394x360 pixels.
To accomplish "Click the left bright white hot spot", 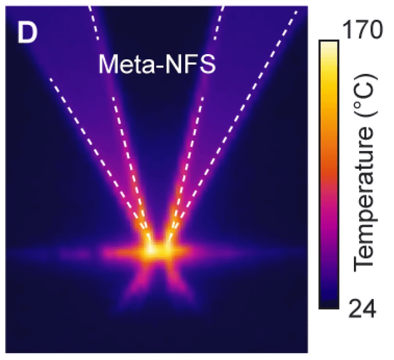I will point(151,250).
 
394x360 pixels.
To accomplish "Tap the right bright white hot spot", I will point(169,250).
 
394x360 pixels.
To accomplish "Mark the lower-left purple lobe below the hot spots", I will point(138,285).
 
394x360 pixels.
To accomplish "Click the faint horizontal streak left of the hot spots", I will point(64,254).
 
